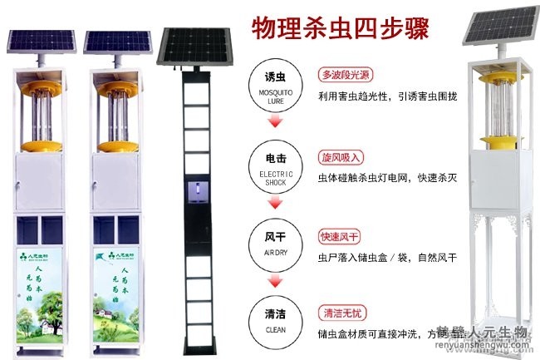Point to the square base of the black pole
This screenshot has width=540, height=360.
coord(198,346)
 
